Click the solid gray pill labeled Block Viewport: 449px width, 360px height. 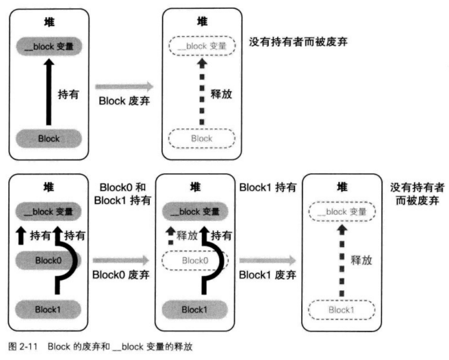(x=48, y=138)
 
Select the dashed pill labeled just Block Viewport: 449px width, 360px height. (x=201, y=138)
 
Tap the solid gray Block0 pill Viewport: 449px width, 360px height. (x=48, y=260)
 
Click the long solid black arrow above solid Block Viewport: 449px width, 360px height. (x=48, y=92)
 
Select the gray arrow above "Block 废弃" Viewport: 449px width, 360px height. (x=123, y=87)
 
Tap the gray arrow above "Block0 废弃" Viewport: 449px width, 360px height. (x=120, y=260)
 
